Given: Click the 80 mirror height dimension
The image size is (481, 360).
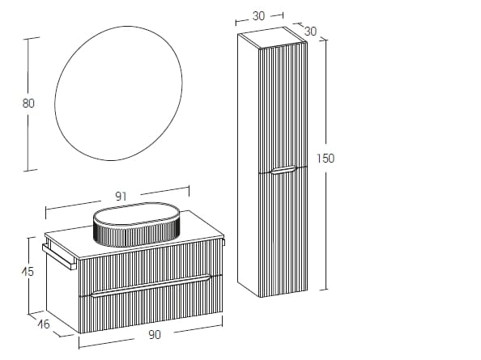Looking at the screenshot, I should [28, 103].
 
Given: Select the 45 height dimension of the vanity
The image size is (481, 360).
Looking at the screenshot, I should [28, 272].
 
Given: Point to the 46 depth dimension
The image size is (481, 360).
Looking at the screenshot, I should [43, 324].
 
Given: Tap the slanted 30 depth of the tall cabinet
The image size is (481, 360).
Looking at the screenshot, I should [309, 30].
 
